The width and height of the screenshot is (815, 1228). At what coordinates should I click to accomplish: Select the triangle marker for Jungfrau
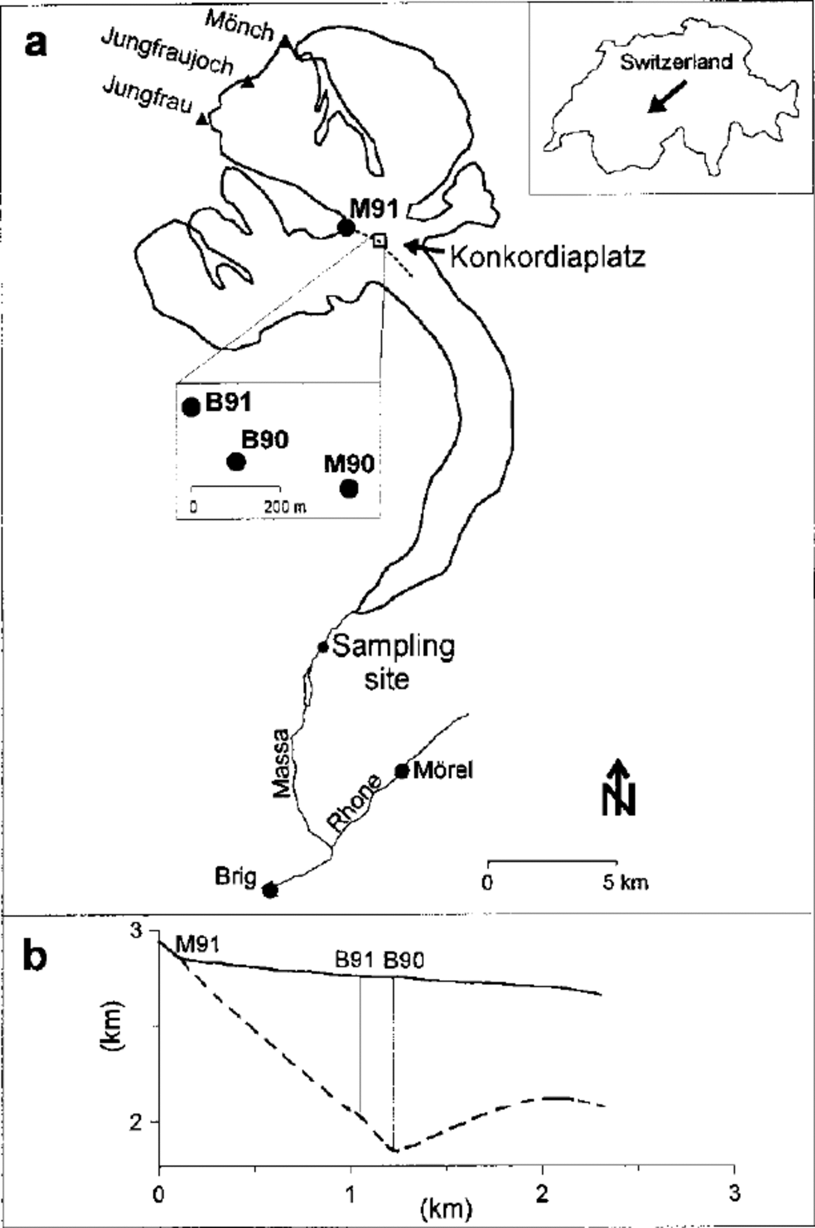202,119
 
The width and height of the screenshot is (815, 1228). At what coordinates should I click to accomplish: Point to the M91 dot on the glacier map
346,227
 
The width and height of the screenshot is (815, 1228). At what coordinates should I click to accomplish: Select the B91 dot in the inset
191,407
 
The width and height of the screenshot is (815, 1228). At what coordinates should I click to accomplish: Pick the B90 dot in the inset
236,462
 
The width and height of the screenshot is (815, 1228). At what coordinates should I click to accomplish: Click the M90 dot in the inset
349,489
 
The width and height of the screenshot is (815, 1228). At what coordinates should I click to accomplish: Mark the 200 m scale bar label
285,507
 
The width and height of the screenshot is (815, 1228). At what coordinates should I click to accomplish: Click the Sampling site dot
323,647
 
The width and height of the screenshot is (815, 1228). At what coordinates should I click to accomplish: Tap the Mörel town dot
402,771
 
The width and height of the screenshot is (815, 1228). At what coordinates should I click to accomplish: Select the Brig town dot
270,890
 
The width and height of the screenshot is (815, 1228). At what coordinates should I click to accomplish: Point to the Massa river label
282,763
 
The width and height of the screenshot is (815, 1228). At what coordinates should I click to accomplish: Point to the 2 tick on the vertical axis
136,1122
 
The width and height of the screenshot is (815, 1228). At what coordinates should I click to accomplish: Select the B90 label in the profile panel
403,960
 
